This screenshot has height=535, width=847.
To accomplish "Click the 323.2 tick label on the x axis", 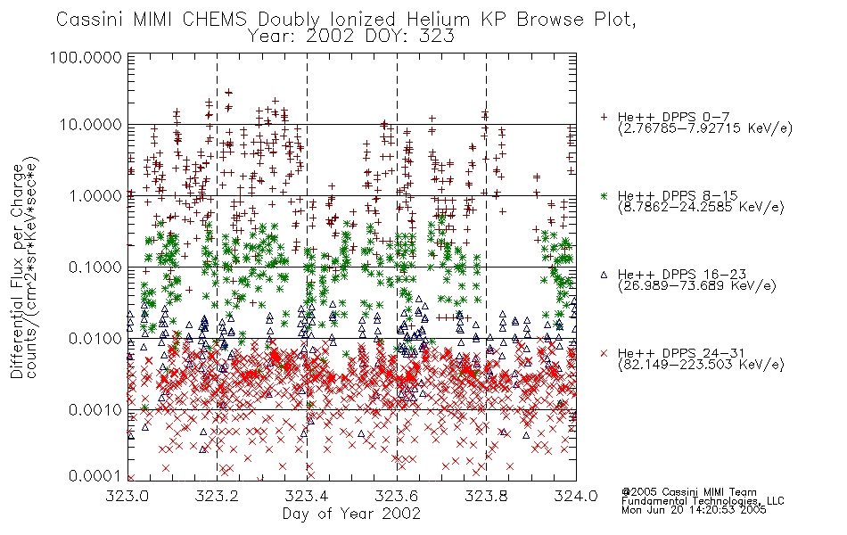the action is tap(217, 496).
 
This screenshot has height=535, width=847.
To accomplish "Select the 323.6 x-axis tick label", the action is tap(397, 496).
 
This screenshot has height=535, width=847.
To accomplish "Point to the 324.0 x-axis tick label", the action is tap(576, 496).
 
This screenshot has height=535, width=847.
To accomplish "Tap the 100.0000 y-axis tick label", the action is tap(86, 57).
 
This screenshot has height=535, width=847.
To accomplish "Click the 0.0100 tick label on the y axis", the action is tap(95, 339).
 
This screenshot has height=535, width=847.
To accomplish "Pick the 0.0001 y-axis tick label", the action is tap(95, 475).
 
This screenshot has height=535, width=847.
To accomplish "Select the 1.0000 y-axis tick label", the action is tap(95, 195).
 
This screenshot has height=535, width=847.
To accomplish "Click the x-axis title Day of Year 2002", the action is tap(351, 514).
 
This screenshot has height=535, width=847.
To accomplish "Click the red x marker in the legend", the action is tap(604, 353).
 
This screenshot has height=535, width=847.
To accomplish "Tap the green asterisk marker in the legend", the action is tap(604, 196).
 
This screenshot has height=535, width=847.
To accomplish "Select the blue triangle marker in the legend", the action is tap(604, 275).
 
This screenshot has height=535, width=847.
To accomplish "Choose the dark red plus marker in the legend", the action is tap(604, 117).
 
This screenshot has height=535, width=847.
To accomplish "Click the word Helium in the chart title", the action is tap(439, 20).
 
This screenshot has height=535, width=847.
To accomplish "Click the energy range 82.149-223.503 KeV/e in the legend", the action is tap(701, 365).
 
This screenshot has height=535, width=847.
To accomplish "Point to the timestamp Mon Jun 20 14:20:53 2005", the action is tap(694, 510).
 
